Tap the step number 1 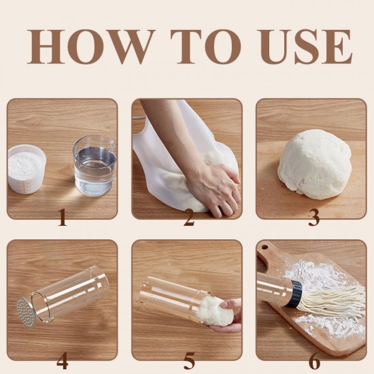click(x=62, y=218)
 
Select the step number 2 click(x=188, y=218)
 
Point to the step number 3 click(x=313, y=218)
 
